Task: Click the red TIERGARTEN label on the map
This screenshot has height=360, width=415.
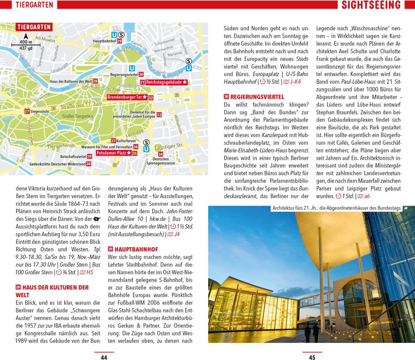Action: click(34, 27)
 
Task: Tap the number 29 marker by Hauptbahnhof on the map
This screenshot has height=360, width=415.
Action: click(119, 41)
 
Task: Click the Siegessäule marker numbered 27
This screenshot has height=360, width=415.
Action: click(27, 111)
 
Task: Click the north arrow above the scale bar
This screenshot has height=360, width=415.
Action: click(26, 36)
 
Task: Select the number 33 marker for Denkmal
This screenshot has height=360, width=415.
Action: click(159, 115)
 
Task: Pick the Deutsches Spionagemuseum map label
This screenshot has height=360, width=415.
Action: click(161, 161)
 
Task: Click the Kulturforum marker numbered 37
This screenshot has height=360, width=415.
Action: click(113, 141)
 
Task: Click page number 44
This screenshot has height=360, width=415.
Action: click(104, 358)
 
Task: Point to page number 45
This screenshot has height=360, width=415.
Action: click(312, 358)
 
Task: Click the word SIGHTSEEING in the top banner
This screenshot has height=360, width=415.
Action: click(371, 5)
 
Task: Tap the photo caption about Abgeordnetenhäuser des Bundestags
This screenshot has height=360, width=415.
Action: click(337, 208)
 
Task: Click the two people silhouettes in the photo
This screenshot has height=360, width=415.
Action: click(311, 333)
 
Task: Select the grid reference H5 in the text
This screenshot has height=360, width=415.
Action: click(90, 272)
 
